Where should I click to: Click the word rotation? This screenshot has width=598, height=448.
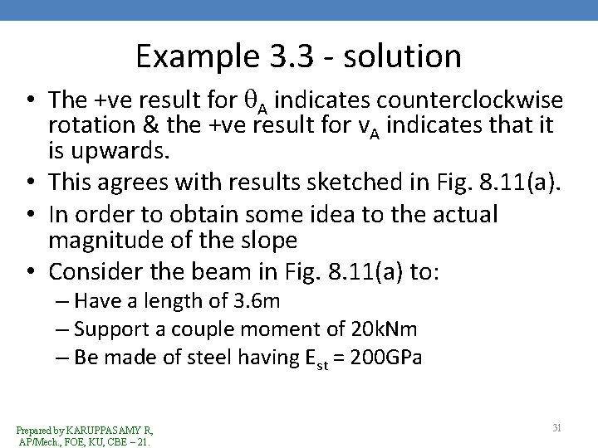[88, 127]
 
